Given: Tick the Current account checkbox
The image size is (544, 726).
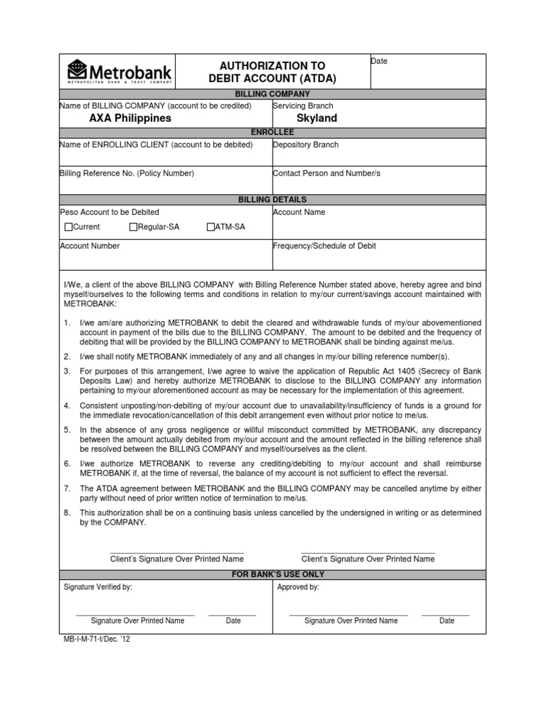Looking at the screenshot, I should coord(68,228).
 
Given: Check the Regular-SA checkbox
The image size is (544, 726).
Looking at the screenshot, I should coord(132,228).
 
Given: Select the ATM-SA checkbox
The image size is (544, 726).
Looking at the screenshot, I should coord(210,228).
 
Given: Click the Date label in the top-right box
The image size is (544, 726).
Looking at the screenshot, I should coord(380,62).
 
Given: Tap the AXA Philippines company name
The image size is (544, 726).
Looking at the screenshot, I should coord(130,118).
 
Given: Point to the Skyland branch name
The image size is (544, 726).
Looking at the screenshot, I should coord(317,118).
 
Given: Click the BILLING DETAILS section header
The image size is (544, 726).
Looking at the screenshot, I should coord(272,200).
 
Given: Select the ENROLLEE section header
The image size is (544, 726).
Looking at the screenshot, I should coord(272,133).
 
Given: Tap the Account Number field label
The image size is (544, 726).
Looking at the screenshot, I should coord(89,246).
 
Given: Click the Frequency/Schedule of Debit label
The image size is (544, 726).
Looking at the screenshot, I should coord(324,246).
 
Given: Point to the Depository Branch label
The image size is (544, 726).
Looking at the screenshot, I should coord(305,145).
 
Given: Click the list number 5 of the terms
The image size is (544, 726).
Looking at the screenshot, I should coord(67,430).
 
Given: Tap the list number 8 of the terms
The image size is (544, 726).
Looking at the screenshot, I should coord(67,513).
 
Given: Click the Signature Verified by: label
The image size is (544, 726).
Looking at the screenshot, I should coord(98,587).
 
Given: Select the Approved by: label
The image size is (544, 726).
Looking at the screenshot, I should coord(297,587).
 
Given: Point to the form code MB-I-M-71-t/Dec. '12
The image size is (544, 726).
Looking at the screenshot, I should coord(97,639).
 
